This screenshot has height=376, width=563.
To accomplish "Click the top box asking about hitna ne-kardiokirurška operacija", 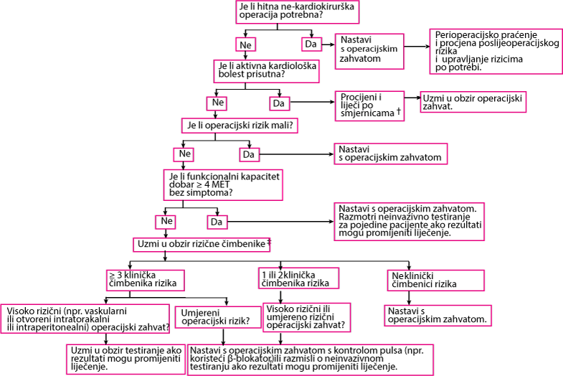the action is (x=298, y=12).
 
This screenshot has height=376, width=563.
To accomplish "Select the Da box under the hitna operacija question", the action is (x=311, y=44).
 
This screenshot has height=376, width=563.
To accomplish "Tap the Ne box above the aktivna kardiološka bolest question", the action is (x=245, y=45).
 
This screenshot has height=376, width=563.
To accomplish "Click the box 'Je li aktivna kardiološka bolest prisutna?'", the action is (x=266, y=71).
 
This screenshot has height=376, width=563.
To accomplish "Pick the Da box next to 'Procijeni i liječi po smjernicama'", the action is (x=279, y=103).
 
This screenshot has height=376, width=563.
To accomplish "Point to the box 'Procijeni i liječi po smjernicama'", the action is (x=369, y=106).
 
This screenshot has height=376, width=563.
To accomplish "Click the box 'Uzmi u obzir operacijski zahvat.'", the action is (x=473, y=102).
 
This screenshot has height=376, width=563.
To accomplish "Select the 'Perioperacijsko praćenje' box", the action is (x=496, y=52).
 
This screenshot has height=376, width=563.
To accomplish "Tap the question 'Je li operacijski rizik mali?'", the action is (x=240, y=126).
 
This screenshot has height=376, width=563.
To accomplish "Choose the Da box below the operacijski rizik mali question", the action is (x=249, y=155).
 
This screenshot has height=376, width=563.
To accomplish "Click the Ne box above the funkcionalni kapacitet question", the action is (x=184, y=154).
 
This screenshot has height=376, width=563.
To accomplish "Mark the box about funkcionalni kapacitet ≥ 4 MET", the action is (x=223, y=185).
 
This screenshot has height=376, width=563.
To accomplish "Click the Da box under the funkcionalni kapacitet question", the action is (x=217, y=222).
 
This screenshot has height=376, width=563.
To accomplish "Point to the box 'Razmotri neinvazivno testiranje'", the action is (x=409, y=222).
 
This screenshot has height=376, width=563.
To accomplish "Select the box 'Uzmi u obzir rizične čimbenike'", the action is (x=202, y=244).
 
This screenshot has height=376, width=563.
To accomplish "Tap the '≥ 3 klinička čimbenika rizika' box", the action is (x=146, y=280).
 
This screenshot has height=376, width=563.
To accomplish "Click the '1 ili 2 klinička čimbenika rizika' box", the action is (x=298, y=278).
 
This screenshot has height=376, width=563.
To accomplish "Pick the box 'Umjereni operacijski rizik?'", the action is (x=218, y=317).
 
